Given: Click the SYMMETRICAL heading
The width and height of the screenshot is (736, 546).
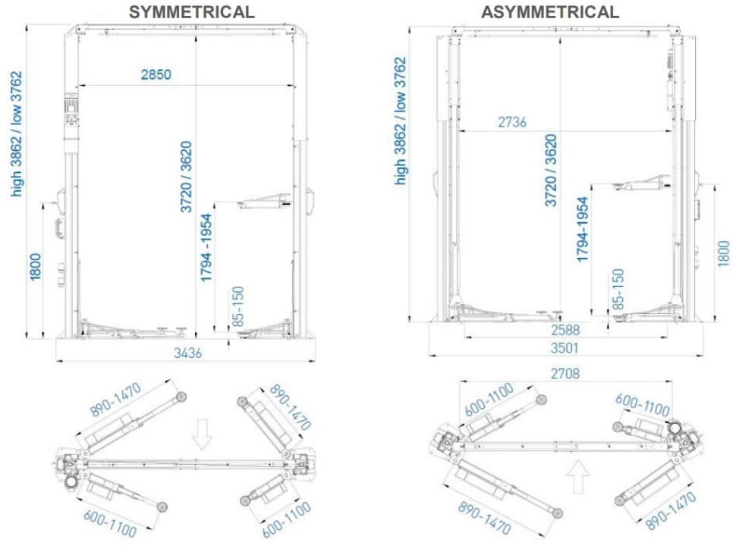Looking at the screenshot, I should pyautogui.click(x=191, y=11).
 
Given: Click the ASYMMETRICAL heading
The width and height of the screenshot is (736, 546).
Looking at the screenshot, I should pyautogui.click(x=549, y=11).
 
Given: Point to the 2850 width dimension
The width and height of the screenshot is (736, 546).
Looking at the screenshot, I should pyautogui.click(x=156, y=74).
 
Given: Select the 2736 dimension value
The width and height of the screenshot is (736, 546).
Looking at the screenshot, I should pyautogui.click(x=512, y=122).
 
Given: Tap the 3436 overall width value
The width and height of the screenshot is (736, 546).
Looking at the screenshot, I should pyautogui.click(x=188, y=352).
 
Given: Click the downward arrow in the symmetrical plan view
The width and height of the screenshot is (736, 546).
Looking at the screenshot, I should pyautogui.click(x=202, y=434).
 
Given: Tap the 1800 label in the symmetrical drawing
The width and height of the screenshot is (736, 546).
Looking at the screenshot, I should pyautogui.click(x=36, y=271).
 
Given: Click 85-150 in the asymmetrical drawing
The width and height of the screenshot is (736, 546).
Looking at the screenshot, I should pyautogui.click(x=618, y=288).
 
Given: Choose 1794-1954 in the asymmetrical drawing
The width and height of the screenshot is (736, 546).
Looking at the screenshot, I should pyautogui.click(x=583, y=229).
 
